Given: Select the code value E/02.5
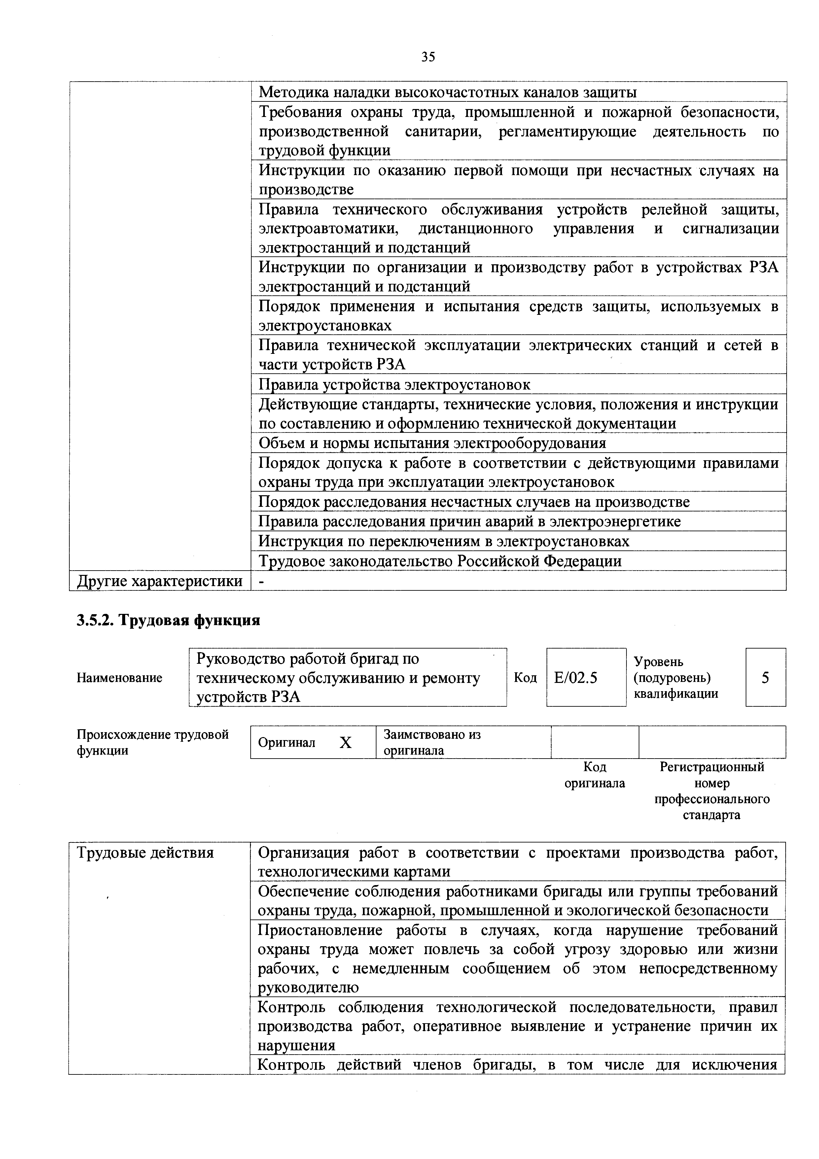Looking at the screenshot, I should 575,677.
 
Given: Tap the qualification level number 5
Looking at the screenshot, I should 765,677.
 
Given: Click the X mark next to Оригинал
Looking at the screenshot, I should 345,743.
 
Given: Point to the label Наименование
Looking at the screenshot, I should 119,677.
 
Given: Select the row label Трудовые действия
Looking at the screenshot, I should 145,853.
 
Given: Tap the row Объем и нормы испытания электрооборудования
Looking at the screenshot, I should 432,443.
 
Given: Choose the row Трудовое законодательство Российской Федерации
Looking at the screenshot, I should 440,561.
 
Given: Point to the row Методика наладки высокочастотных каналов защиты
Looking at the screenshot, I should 447,93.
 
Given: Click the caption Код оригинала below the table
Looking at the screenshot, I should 594,775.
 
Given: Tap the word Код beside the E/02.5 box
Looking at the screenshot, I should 525,677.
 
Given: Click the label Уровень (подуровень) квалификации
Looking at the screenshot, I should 675,677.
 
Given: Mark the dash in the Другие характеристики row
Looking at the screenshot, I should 262,581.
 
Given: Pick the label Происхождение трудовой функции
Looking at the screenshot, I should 152,742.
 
